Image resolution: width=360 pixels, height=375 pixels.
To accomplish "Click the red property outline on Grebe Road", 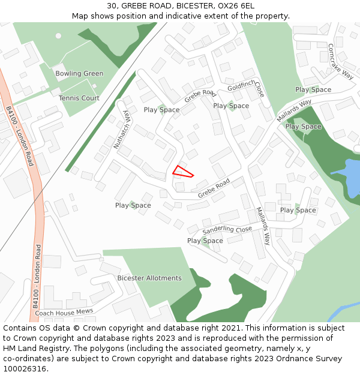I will [x=182, y=172].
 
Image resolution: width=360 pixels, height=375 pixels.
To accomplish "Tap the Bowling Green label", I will [x=79, y=74].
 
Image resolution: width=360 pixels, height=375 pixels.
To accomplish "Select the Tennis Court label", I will [x=79, y=98].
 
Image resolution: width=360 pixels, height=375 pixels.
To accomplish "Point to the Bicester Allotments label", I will [x=149, y=278].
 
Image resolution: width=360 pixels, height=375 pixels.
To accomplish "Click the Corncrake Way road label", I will [x=341, y=61].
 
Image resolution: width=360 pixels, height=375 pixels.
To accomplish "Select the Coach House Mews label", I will [x=64, y=312].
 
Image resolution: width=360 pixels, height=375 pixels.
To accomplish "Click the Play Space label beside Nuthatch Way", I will [x=161, y=110].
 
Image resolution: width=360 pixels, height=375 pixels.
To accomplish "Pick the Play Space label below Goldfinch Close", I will [x=231, y=106].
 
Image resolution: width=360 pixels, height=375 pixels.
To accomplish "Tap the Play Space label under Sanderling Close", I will [x=205, y=241].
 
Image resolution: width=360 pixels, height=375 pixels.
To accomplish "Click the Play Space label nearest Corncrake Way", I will [x=313, y=89].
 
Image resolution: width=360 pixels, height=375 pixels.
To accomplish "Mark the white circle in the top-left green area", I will [x=58, y=35].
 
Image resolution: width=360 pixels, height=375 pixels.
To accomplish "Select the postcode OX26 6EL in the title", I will [x=236, y=6].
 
